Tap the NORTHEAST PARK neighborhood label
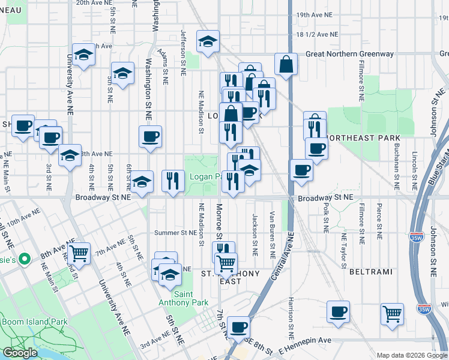click(363, 138)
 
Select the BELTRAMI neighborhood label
click(370, 272)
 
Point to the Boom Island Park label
click(34, 322)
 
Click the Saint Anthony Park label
click(192, 298)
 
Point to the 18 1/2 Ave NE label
click(317, 35)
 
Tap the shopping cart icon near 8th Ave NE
click(79, 253)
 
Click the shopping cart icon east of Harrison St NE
click(392, 313)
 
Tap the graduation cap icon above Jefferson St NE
click(208, 41)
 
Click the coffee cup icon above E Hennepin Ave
click(239, 327)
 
